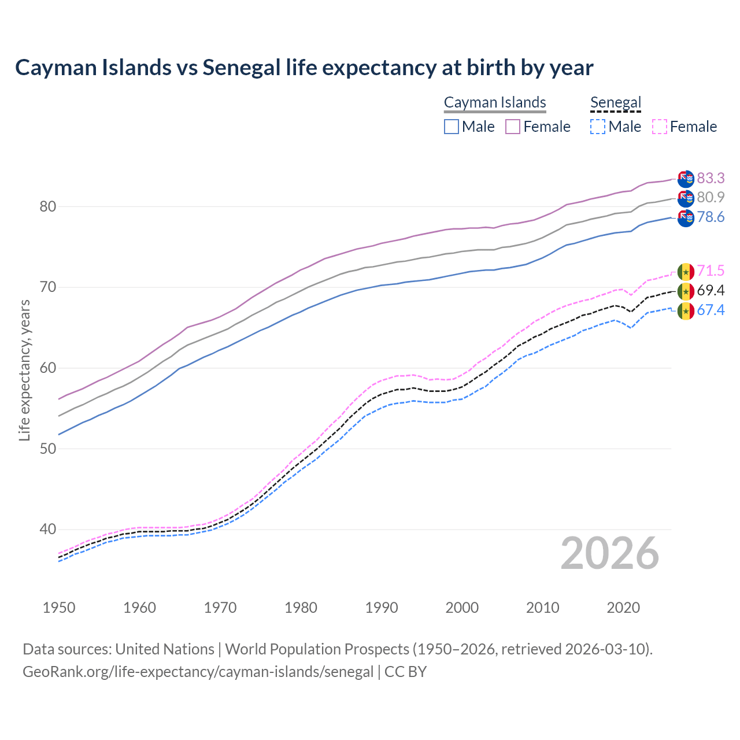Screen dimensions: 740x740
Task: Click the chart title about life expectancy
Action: point(304,68)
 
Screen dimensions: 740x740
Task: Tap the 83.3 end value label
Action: point(711,178)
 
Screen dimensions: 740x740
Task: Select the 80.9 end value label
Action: point(711,198)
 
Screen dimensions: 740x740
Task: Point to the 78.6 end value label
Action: point(711,217)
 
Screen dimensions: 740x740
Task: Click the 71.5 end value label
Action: point(711,271)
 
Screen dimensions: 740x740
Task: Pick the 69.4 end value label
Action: point(711,290)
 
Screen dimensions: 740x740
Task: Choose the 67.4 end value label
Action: point(711,310)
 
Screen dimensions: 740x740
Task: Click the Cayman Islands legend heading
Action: point(495,103)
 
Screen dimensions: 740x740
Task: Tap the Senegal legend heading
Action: point(616,103)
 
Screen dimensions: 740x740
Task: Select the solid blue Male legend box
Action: point(452,127)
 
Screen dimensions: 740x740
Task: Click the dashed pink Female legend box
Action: point(660,127)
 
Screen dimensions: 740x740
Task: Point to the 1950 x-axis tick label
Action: point(59,608)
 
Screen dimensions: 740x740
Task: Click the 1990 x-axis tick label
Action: point(382,608)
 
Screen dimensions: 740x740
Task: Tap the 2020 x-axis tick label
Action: point(624,608)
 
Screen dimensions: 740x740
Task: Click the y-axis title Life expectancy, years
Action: point(24,370)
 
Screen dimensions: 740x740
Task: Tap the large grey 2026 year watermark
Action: point(609,553)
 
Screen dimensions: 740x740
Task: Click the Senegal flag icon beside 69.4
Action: point(686,291)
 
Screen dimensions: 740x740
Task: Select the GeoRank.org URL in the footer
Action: point(198,672)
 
